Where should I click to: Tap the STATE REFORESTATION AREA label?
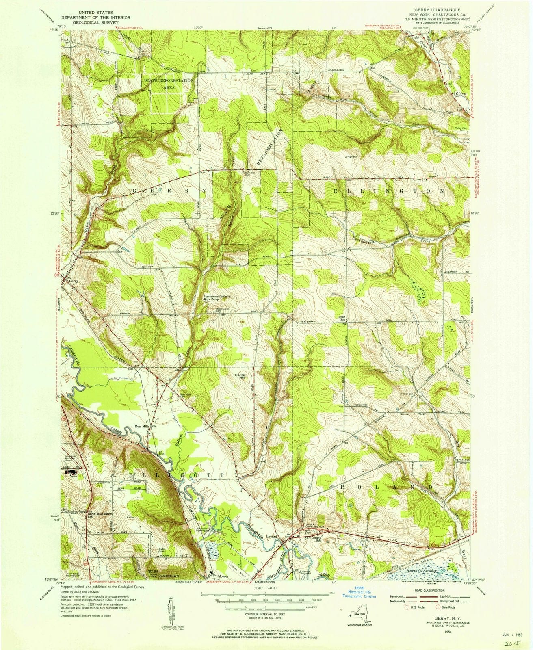click(x=168, y=84)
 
